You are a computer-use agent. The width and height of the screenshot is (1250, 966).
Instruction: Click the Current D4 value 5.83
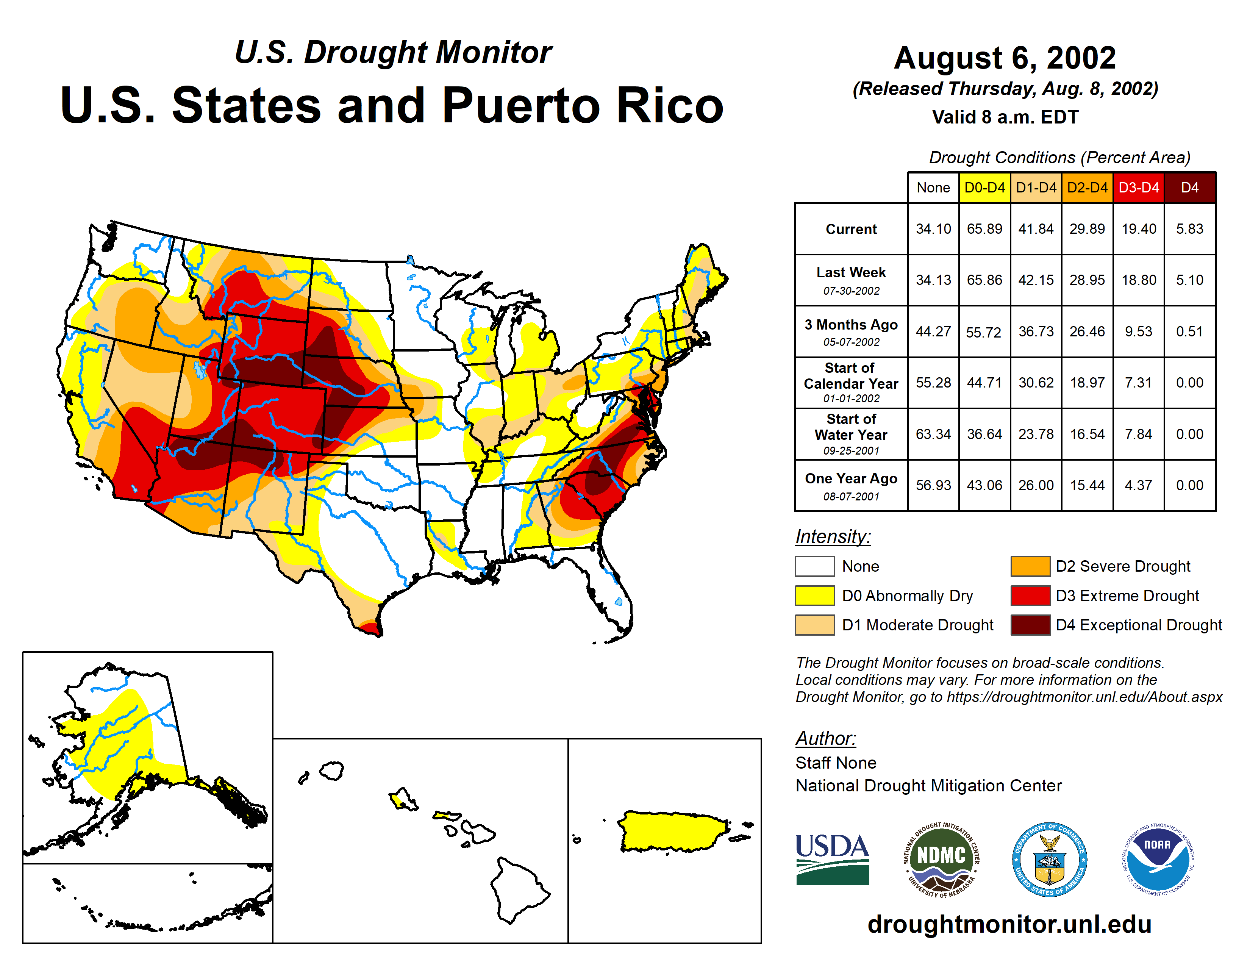[x=1189, y=229]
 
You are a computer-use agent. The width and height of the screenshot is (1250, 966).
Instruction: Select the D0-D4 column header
[x=984, y=188]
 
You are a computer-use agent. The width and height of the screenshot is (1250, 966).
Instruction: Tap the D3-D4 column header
[x=1138, y=188]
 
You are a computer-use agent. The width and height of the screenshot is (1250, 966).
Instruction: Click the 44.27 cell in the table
[x=933, y=331]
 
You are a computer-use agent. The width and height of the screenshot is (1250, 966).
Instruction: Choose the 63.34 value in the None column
[x=933, y=435]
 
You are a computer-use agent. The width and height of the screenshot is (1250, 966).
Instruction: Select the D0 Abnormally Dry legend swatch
[x=814, y=596]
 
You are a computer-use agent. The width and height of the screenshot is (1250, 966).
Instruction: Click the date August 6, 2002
[x=1005, y=58]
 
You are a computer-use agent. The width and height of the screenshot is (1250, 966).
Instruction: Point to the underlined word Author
[x=825, y=738]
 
